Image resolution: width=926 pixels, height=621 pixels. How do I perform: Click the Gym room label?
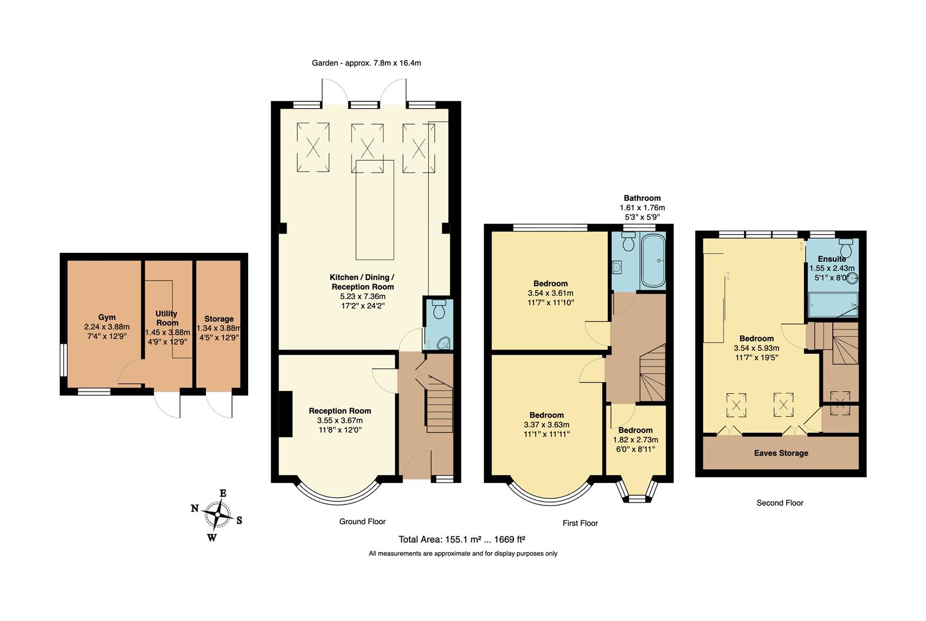106,317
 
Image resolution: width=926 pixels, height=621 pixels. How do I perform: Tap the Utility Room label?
167,318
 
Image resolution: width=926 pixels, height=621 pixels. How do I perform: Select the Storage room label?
219,319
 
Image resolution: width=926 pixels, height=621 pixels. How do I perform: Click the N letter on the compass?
195,508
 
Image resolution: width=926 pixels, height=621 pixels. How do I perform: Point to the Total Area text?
462,539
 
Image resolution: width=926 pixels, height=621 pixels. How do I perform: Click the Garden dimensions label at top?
366,63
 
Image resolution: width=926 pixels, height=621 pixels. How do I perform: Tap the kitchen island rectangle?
374,210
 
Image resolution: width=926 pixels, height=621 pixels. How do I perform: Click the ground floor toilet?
439,310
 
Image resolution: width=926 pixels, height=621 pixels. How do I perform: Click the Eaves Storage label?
781,453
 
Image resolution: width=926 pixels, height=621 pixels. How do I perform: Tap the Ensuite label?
832,259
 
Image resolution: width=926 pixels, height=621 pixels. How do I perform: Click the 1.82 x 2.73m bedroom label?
635,439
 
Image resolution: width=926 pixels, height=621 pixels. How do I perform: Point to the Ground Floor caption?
362,522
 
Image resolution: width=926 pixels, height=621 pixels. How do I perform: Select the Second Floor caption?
779,503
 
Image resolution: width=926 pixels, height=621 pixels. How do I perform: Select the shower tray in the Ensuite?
833,305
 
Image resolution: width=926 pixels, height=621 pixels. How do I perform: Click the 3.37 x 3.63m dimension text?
546,425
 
